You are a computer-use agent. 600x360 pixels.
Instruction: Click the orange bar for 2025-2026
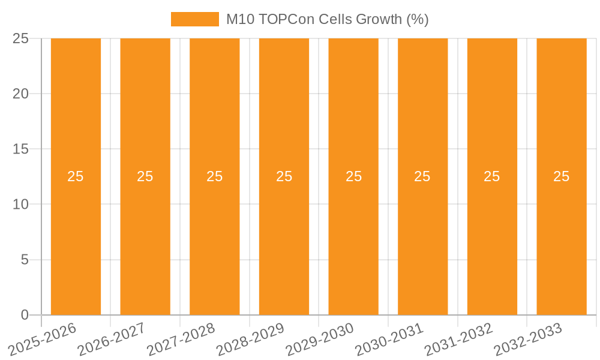(76, 240)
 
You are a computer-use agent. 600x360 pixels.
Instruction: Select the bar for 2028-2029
(284, 240)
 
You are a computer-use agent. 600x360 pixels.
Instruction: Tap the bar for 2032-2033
(562, 240)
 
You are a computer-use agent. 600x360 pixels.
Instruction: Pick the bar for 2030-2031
(422, 240)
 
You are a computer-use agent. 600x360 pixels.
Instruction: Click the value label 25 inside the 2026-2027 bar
(145, 176)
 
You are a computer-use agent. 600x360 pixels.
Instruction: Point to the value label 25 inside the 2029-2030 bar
(353, 176)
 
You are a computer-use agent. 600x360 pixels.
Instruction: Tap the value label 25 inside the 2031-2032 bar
(492, 176)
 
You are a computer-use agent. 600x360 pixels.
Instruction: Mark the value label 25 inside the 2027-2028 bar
(214, 176)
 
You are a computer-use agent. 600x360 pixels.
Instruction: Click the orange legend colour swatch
(195, 19)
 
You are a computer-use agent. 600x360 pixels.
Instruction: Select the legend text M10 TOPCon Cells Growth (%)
(327, 19)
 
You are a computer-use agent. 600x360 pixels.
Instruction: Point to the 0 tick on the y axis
(25, 315)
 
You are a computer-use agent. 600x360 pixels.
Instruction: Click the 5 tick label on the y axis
(25, 260)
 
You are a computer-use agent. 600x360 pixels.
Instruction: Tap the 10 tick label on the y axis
(21, 205)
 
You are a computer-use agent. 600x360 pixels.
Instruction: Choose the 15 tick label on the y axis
(21, 149)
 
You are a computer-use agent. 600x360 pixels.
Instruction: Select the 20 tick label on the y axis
(21, 94)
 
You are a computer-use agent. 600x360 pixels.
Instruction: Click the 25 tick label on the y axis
(21, 38)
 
